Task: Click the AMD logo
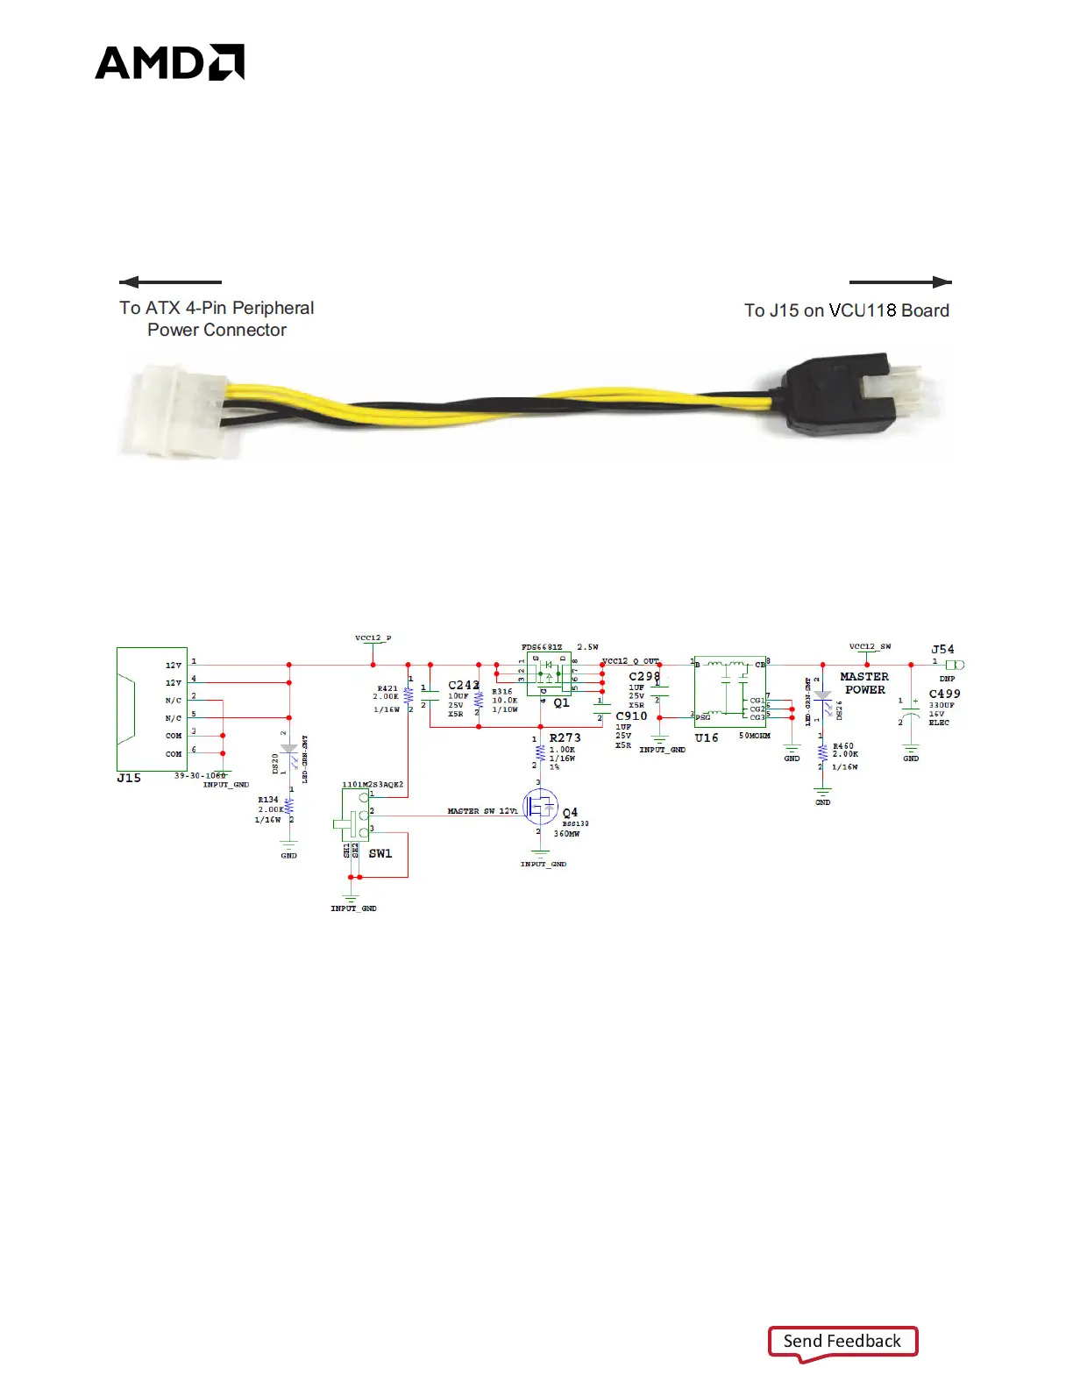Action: [169, 62]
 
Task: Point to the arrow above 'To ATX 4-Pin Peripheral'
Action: [170, 282]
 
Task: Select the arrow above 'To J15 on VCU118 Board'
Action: [900, 282]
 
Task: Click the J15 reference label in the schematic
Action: [129, 778]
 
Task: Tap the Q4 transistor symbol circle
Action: [540, 807]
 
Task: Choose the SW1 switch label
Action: [380, 853]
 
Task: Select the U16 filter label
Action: [707, 738]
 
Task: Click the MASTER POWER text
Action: [864, 683]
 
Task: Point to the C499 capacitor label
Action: [944, 694]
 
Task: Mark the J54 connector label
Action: [942, 650]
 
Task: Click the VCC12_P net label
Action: [373, 638]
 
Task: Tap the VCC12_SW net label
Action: [870, 647]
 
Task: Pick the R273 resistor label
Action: [565, 738]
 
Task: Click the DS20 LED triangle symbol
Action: [288, 750]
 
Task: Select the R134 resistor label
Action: [268, 800]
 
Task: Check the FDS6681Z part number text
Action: [542, 647]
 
